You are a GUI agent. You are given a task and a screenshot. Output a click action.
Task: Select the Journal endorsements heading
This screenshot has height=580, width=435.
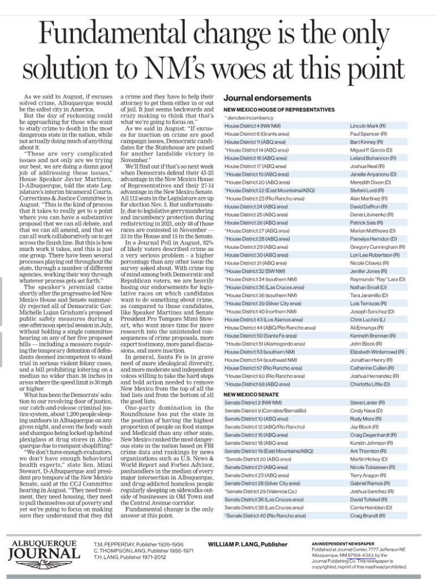click(x=260, y=98)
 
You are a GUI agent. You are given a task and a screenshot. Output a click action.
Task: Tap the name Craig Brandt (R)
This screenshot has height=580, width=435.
click(x=369, y=516)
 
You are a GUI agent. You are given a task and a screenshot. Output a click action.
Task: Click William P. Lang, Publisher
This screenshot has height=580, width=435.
click(x=248, y=544)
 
